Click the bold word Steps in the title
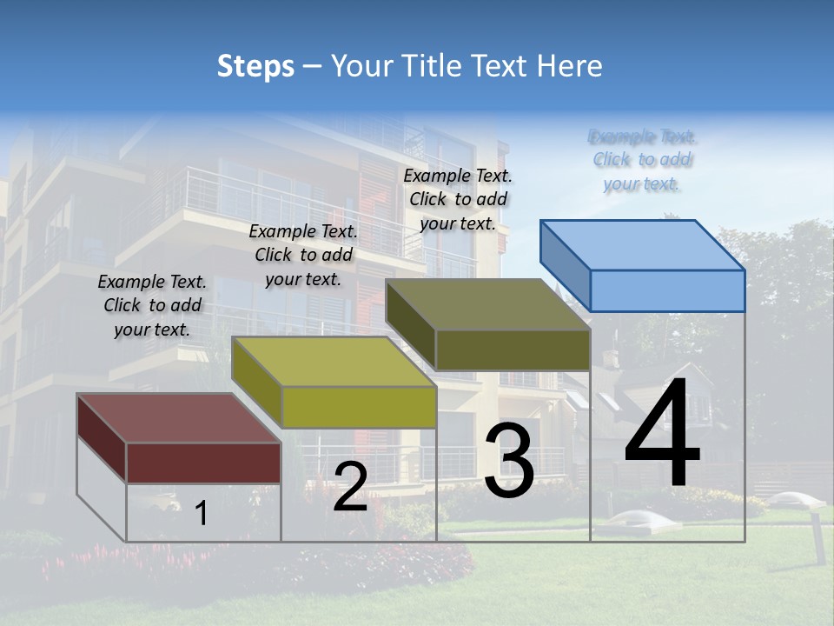click(255, 66)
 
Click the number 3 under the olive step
click(509, 461)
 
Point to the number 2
click(350, 487)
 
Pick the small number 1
click(202, 514)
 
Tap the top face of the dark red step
click(178, 418)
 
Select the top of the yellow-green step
click(334, 362)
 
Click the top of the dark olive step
click(487, 304)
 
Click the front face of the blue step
click(667, 290)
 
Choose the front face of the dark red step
click(203, 463)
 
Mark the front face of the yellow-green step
click(359, 407)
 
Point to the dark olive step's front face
click(513, 350)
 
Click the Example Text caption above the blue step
click(642, 160)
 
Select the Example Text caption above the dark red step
click(152, 305)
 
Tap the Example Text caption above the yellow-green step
click(303, 255)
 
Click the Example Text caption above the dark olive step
click(458, 199)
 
